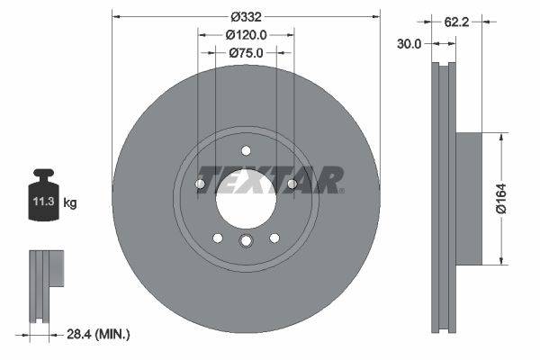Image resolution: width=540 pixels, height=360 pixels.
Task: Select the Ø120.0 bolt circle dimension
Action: point(246,35)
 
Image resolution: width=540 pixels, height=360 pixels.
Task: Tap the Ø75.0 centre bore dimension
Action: point(246,53)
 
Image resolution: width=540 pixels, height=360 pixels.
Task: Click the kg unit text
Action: point(70,203)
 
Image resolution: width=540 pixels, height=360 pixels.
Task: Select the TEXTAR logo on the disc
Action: point(270,180)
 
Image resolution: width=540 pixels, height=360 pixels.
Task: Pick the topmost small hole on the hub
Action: point(246,150)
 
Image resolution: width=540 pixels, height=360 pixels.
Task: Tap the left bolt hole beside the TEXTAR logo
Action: point(200,184)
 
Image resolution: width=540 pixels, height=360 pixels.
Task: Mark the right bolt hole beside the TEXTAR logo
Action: point(292,184)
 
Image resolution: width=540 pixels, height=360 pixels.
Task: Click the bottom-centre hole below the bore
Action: point(246,241)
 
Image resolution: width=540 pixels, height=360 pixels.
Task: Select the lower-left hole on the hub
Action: point(217,238)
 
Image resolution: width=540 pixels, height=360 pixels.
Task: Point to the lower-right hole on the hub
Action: point(274,238)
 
